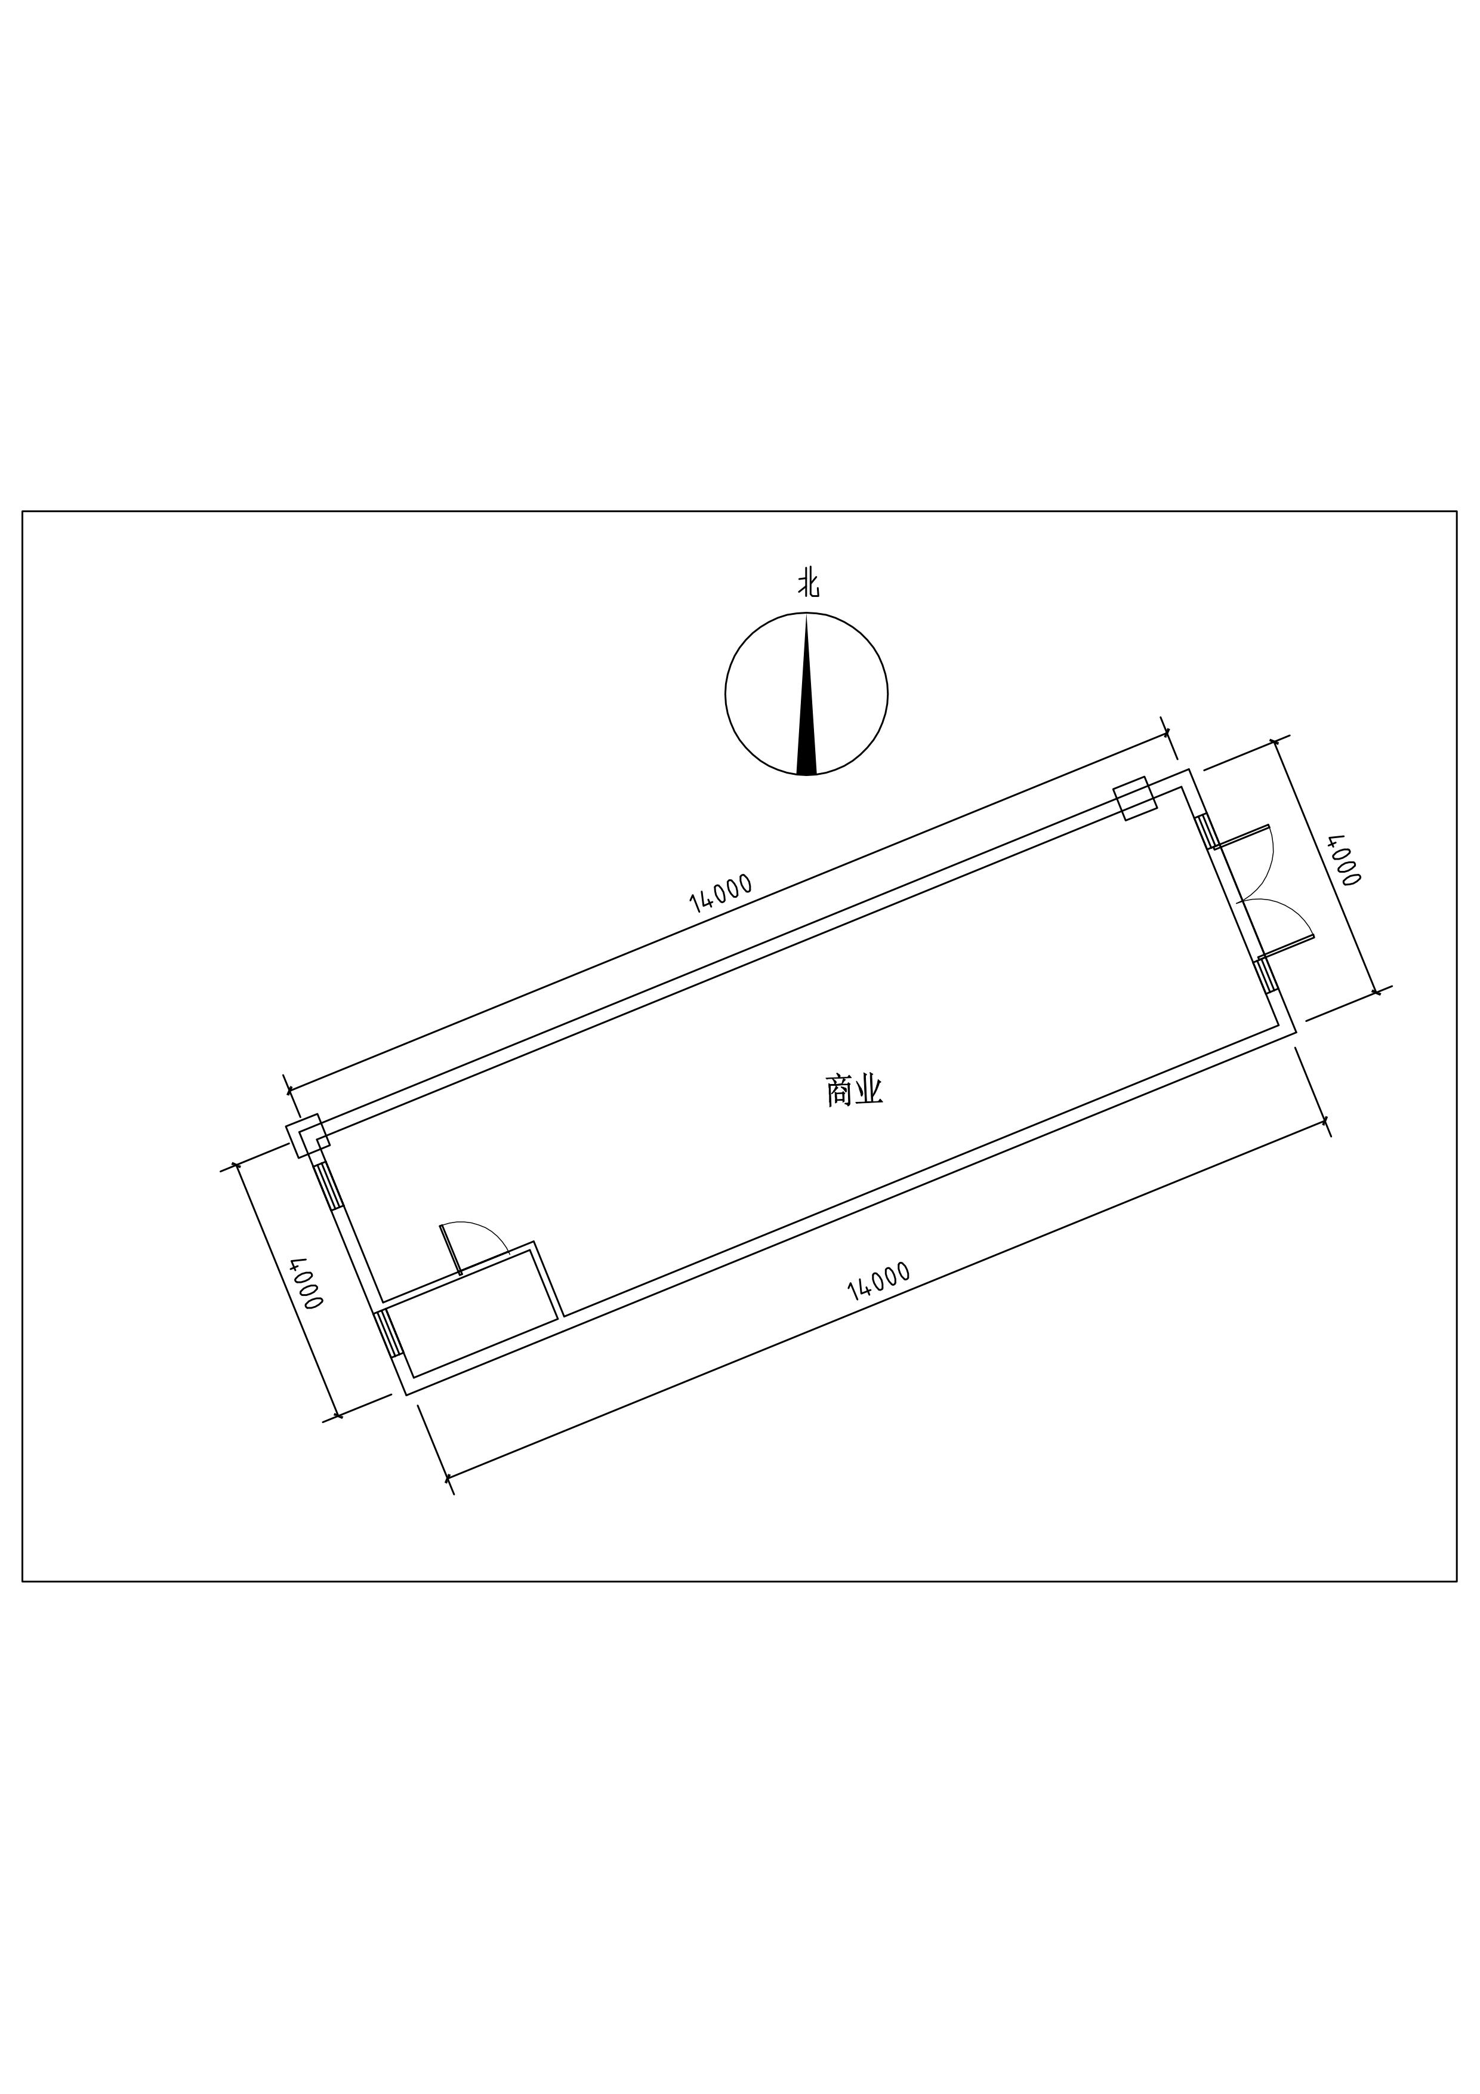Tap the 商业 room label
855,1090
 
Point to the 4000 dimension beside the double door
1344,859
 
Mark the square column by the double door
1135,798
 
